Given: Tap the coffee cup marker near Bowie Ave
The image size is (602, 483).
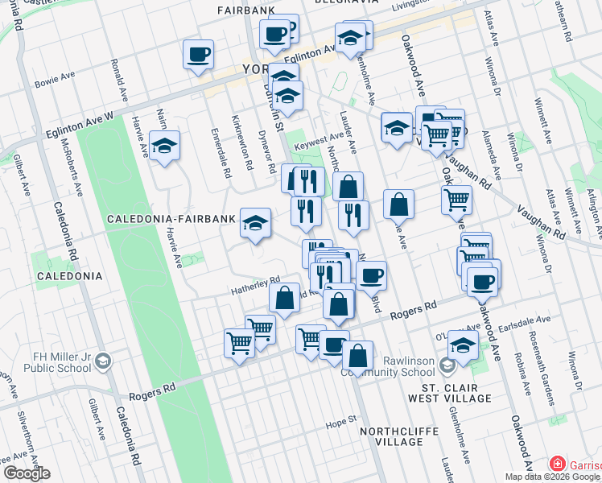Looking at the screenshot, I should pos(198,55).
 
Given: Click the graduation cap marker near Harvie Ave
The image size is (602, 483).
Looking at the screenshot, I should pos(164,146).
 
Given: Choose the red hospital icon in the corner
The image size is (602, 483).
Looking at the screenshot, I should pos(556,464).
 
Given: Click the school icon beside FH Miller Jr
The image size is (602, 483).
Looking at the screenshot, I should pos(103,363).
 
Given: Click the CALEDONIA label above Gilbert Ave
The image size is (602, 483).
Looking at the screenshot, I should pos(68,275).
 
